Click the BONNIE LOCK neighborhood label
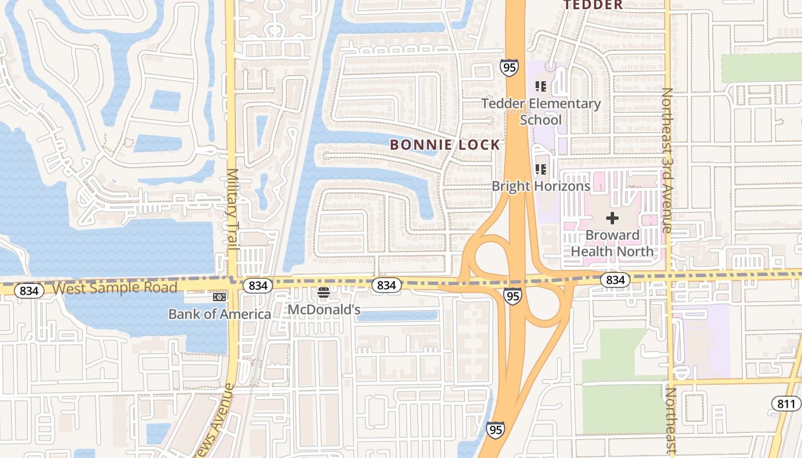[x=445, y=145]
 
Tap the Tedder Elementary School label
[x=541, y=112]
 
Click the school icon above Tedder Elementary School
[x=541, y=86]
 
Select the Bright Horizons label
[x=541, y=186]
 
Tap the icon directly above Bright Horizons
[x=541, y=169]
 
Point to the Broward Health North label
[x=612, y=243]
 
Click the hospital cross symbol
[x=612, y=218]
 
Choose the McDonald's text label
[x=324, y=310]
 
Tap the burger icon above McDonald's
[x=324, y=293]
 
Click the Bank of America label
[x=219, y=314]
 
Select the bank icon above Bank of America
[x=219, y=297]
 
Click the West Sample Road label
[x=115, y=287]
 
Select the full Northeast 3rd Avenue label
[x=667, y=160]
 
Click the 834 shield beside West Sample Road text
[x=29, y=291]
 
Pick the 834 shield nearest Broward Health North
[x=615, y=280]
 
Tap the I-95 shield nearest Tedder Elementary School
[x=509, y=68]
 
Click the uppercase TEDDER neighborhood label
[x=593, y=5]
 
